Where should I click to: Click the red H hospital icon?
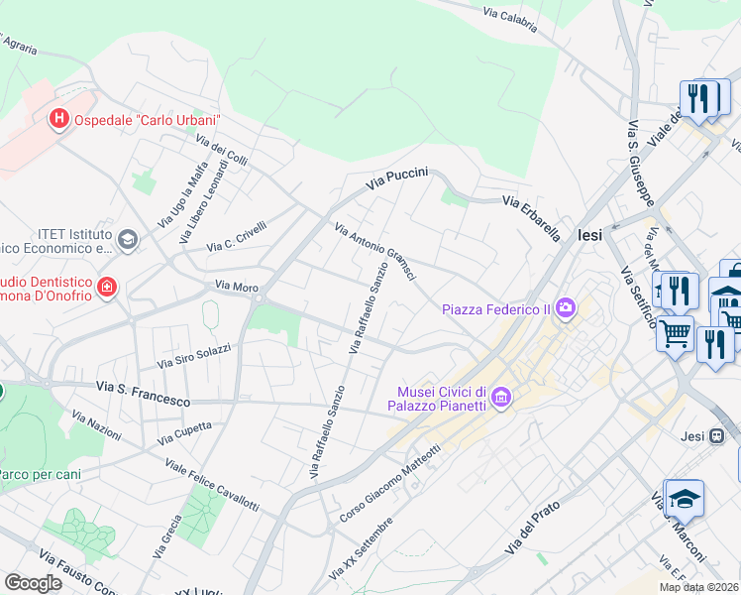[x=59, y=120]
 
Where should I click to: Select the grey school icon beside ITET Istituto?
[x=127, y=239]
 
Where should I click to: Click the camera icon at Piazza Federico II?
[x=566, y=307]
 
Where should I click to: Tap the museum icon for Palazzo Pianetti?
[x=501, y=398]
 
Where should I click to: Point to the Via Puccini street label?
[x=396, y=178]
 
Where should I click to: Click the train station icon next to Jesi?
[x=720, y=434]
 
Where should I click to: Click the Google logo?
[x=33, y=582]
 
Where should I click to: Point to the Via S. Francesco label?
[x=143, y=393]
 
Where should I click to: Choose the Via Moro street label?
[x=237, y=288]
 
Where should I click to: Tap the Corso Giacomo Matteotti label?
[x=389, y=486]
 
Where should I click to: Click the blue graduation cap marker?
[x=684, y=498]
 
